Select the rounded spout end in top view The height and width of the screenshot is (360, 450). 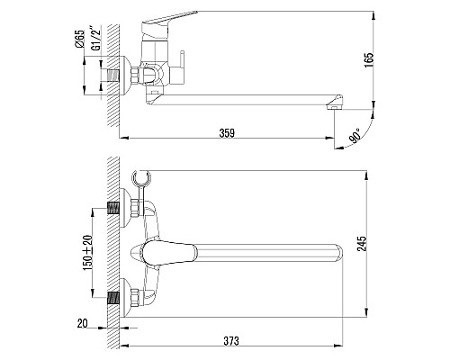[x=338, y=252]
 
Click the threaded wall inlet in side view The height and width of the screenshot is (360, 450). [x=114, y=77]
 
